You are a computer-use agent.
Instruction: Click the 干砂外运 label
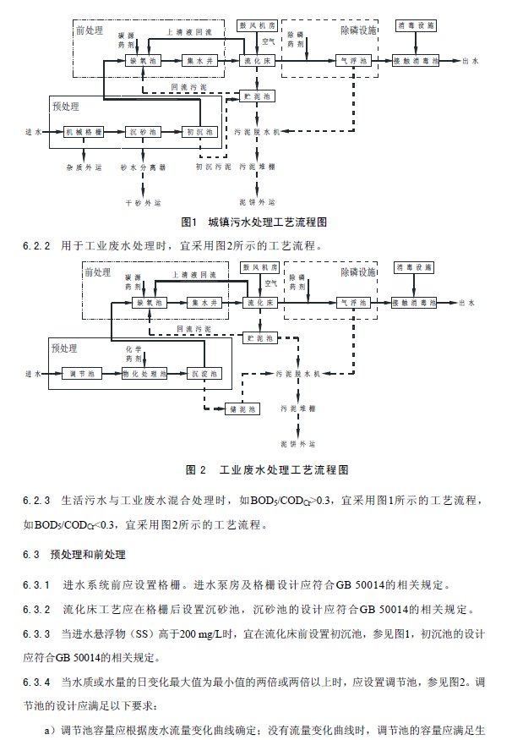tap(142, 203)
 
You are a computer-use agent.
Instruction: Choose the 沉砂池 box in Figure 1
tap(142, 133)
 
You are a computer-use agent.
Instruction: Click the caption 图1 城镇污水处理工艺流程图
tap(254, 223)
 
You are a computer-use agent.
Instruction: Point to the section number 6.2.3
tap(37, 500)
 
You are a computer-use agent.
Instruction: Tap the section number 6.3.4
tap(37, 682)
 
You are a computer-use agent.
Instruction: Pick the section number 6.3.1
tap(37, 584)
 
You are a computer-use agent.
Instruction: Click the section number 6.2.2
tap(37, 246)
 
